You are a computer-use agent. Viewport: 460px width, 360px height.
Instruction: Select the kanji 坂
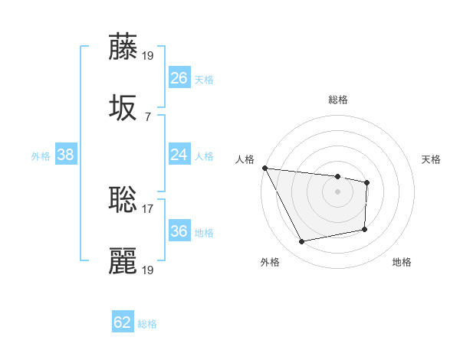click(123, 107)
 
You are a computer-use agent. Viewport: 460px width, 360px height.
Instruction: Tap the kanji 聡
click(123, 198)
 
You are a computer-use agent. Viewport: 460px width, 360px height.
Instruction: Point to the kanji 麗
click(123, 260)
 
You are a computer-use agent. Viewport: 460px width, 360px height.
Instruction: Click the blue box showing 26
click(179, 78)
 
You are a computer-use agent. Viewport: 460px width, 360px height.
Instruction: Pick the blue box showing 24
click(179, 155)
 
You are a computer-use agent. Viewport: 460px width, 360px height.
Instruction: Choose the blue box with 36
click(179, 231)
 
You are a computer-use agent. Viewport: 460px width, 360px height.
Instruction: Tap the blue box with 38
click(66, 155)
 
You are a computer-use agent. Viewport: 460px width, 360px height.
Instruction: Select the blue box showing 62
click(123, 322)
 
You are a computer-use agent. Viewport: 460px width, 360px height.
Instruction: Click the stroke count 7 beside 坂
click(148, 117)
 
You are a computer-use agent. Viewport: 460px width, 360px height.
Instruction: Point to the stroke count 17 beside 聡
click(148, 208)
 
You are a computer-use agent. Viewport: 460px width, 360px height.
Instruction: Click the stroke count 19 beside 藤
click(149, 56)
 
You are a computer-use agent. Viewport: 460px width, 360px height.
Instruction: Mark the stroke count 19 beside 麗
click(149, 270)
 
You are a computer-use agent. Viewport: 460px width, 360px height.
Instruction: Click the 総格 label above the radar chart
click(338, 100)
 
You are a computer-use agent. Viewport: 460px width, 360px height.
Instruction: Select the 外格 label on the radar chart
click(270, 262)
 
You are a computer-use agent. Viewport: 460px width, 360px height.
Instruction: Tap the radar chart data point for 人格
click(264, 168)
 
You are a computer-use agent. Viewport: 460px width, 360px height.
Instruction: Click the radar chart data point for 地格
click(365, 229)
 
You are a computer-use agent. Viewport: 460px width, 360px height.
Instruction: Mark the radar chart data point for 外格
click(302, 242)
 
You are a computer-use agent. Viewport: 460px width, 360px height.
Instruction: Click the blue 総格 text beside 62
click(148, 324)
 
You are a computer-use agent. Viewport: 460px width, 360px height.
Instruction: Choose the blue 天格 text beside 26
click(204, 80)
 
